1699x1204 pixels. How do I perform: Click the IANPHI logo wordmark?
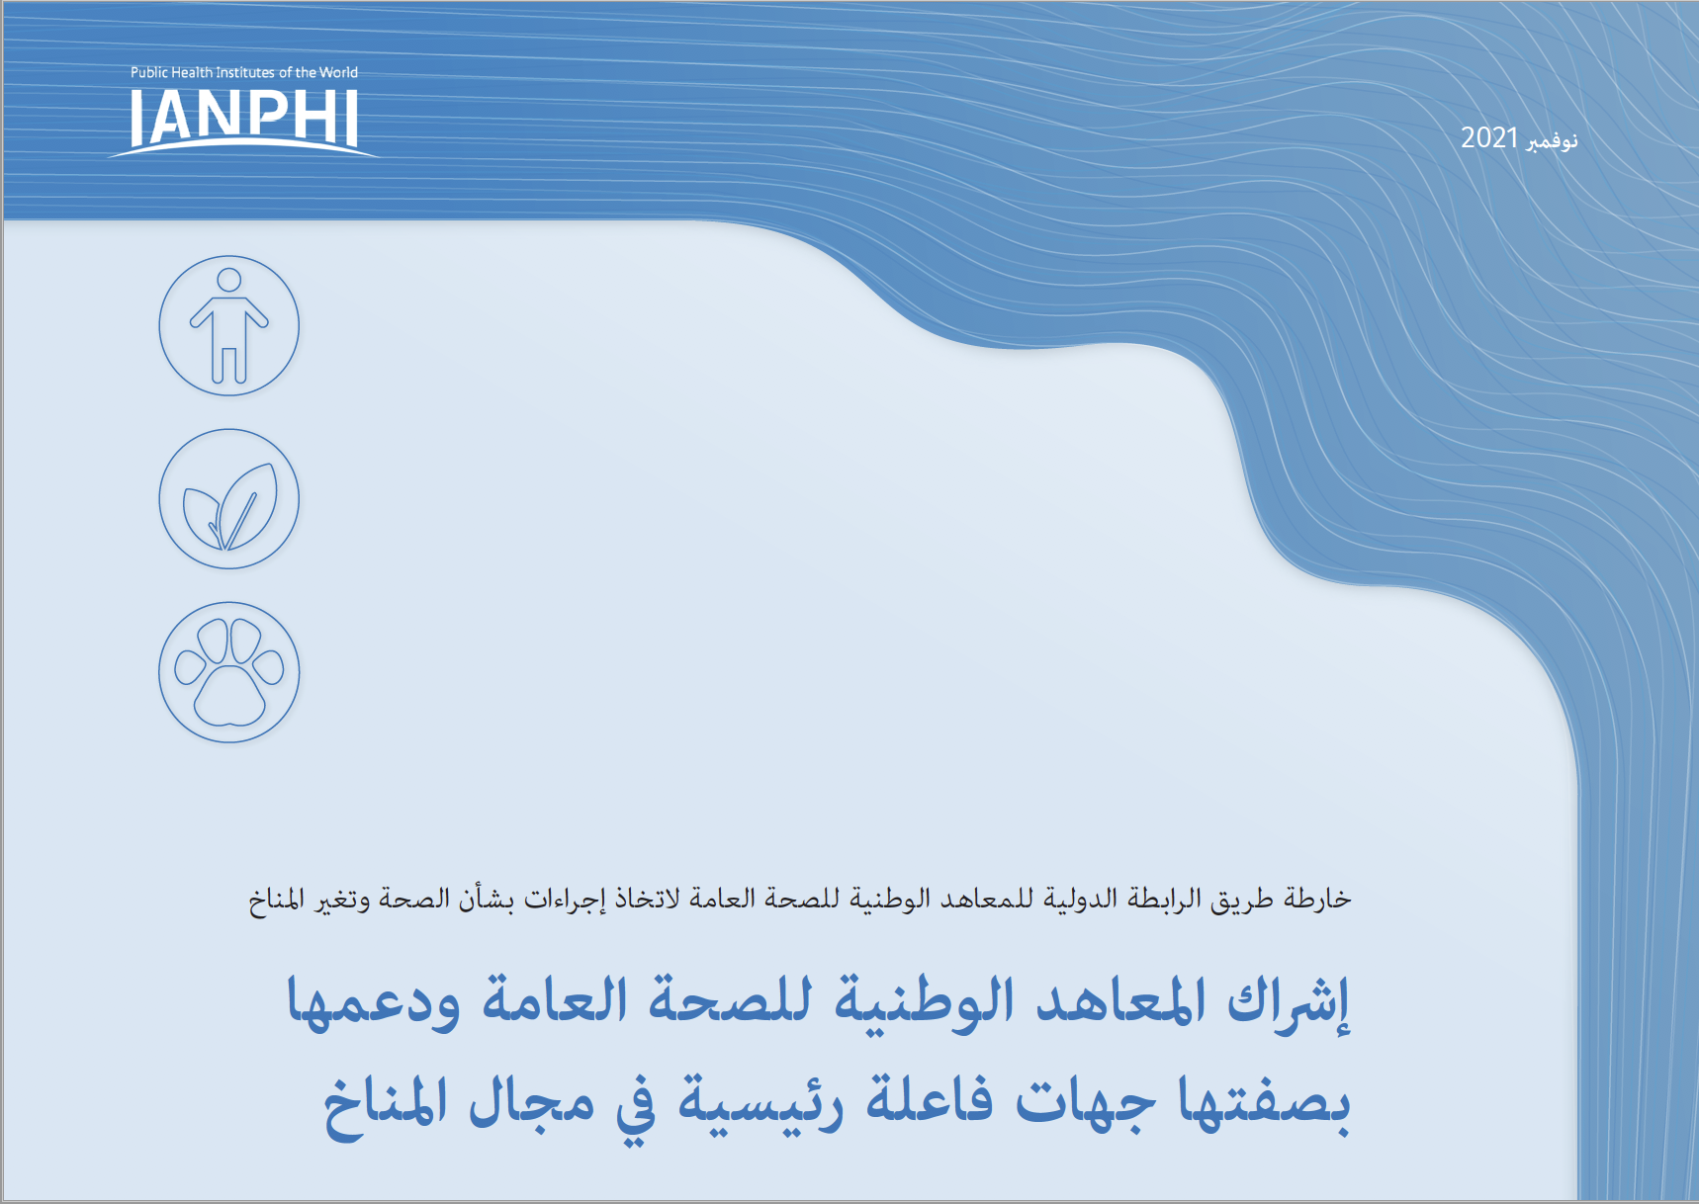(243, 119)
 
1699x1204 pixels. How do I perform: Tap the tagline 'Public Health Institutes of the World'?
(244, 72)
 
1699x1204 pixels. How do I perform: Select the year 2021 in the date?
(1489, 137)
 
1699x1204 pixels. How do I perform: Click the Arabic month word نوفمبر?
(1552, 141)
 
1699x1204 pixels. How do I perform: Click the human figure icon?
(229, 326)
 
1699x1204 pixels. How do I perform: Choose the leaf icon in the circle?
(229, 499)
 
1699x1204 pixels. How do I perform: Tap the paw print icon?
(229, 672)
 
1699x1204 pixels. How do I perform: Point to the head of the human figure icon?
(229, 281)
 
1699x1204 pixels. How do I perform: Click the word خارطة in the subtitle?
(1317, 898)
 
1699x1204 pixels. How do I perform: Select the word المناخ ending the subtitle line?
(276, 900)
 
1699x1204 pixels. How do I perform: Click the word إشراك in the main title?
(1290, 1002)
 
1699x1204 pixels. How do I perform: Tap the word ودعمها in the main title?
(374, 1002)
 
